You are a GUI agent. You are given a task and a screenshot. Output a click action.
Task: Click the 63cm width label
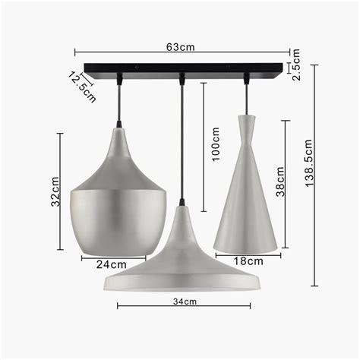[180, 47]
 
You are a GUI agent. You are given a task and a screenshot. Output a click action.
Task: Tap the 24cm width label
[111, 264]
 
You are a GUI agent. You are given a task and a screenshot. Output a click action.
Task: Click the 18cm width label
[248, 261]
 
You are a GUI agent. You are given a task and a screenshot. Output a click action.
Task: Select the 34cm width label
[182, 302]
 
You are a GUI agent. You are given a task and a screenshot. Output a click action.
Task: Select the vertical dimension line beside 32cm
[61, 191]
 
